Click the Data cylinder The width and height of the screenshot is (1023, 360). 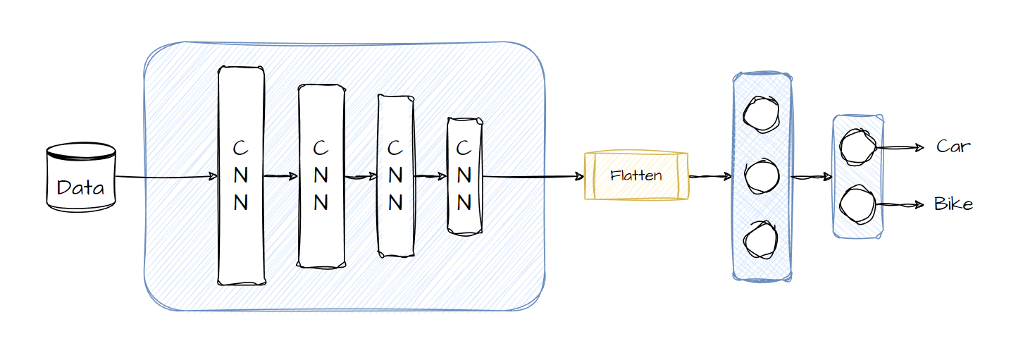(80, 178)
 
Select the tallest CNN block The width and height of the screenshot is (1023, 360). (241, 176)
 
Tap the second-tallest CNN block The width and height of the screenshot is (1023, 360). (321, 176)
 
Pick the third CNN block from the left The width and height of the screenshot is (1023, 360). (396, 176)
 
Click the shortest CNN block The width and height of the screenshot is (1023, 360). (464, 176)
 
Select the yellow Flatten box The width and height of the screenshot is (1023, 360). (636, 176)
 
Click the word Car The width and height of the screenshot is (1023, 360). (953, 147)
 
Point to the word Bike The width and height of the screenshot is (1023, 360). (953, 204)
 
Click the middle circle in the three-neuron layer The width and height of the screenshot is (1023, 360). (762, 176)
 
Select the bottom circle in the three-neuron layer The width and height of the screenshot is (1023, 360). (762, 239)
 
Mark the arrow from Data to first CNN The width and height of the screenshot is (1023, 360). (166, 177)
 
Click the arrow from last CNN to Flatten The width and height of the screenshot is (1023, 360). (533, 177)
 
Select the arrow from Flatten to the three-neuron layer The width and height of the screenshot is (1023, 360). (710, 177)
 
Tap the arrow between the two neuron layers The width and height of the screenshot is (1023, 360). (812, 178)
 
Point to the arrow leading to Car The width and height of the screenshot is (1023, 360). (899, 148)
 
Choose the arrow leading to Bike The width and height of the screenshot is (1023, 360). (899, 205)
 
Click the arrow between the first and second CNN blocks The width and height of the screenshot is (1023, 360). (281, 177)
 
